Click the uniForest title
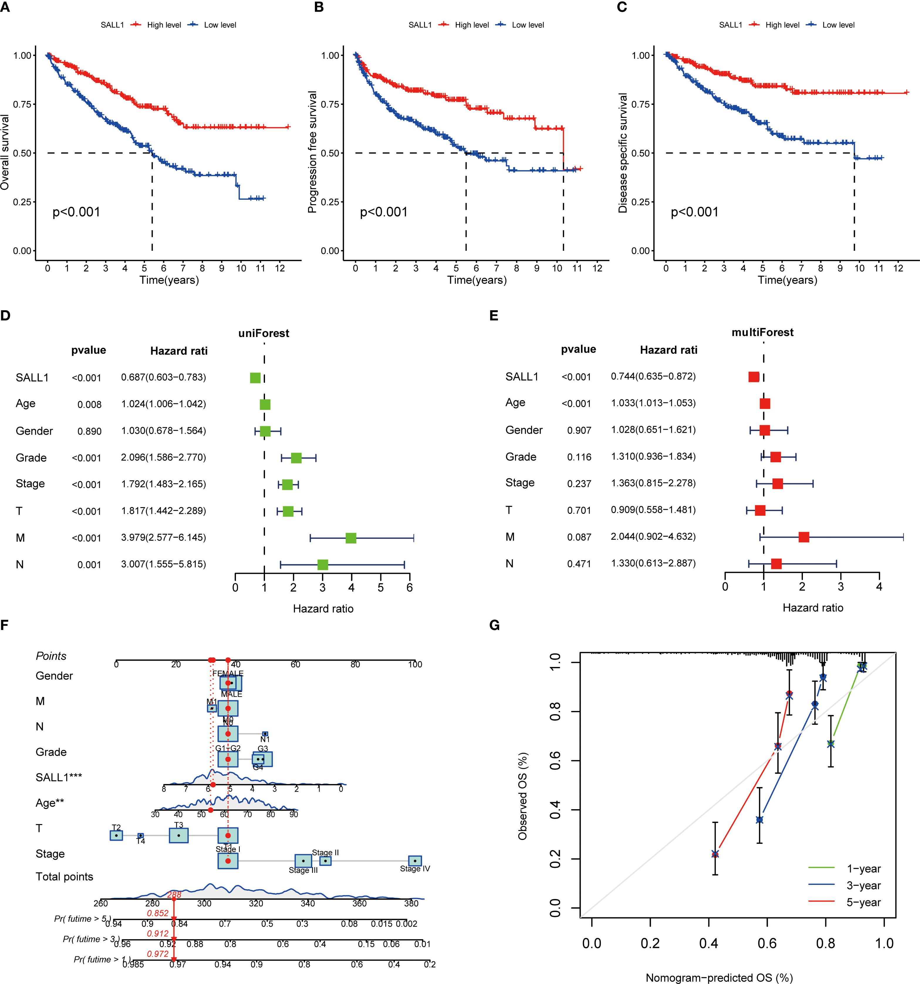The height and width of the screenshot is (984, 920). [x=264, y=333]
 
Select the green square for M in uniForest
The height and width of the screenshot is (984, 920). [x=351, y=538]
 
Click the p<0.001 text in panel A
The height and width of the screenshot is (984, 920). [x=76, y=212]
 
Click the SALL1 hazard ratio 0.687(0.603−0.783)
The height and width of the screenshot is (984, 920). [x=163, y=377]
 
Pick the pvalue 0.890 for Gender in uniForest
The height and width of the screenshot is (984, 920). [x=89, y=431]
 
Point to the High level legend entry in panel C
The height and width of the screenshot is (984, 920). [x=782, y=25]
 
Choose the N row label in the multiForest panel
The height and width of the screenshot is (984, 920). [x=509, y=563]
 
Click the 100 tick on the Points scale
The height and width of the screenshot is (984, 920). [x=415, y=664]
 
